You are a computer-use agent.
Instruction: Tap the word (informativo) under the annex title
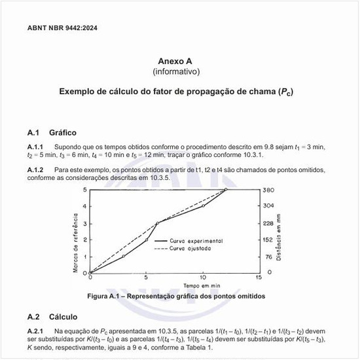(176, 70)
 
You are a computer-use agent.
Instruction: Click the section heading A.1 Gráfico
(52, 132)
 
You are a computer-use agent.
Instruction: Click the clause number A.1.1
(35, 147)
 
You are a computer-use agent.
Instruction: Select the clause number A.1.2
(35, 170)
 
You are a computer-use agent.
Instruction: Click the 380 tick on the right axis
(268, 190)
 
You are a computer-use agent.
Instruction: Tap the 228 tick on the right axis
(268, 223)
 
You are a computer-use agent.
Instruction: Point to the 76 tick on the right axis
(268, 257)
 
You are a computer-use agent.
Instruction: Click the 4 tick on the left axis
(84, 206)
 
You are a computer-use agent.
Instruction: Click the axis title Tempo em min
(201, 287)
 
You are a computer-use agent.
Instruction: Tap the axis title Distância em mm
(279, 232)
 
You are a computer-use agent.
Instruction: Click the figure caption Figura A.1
(176, 296)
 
